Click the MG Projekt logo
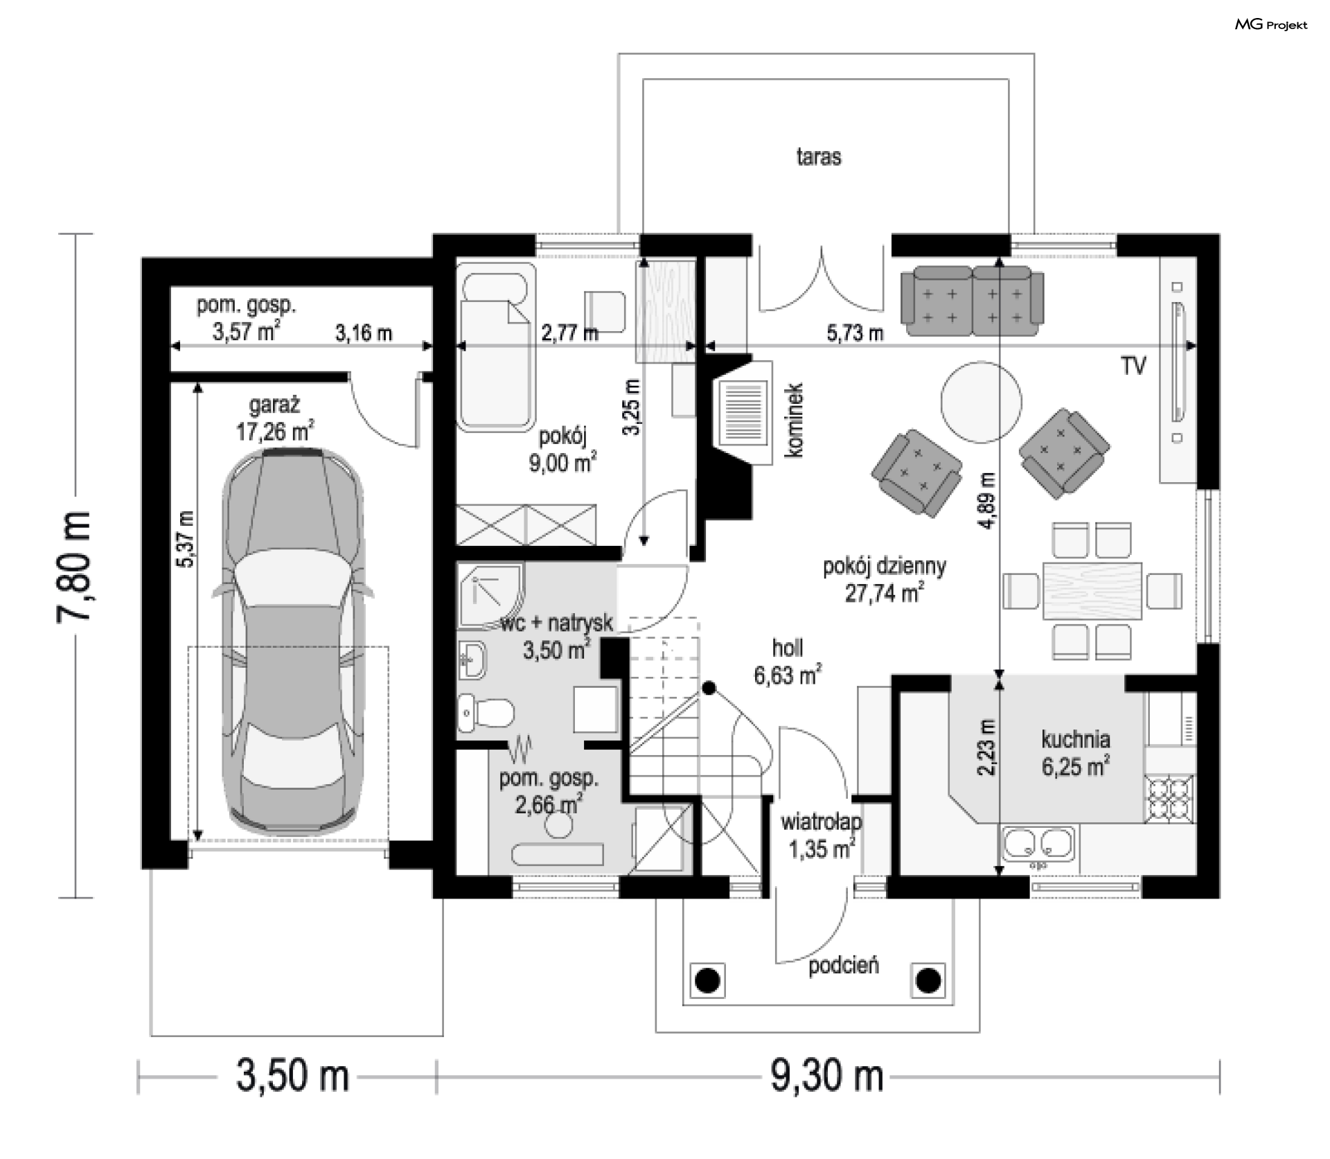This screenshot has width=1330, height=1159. [1271, 25]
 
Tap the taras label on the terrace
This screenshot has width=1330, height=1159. [819, 157]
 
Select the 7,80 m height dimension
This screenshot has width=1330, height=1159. [74, 567]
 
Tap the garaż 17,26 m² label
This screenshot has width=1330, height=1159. [275, 418]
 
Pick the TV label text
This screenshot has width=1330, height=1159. [1134, 366]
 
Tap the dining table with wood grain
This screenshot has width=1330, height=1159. [1092, 590]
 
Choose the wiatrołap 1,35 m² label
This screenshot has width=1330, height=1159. [822, 835]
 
